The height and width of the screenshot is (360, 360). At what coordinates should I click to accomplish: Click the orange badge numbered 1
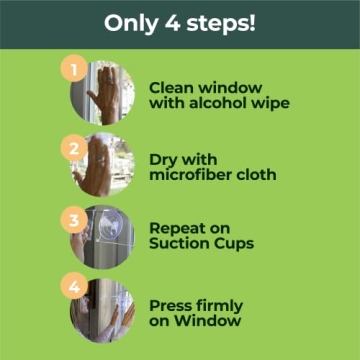[74, 69]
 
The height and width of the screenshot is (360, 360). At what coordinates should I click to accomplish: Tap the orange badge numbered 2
[74, 148]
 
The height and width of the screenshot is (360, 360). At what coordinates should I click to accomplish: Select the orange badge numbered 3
[74, 220]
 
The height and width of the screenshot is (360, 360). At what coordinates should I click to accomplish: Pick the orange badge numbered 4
[74, 286]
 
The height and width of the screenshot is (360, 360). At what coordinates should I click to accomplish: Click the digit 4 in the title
[171, 23]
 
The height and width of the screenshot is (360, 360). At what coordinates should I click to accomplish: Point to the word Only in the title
[131, 24]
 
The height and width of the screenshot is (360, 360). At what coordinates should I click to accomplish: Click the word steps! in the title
[221, 24]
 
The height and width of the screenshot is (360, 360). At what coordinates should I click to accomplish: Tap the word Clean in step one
[171, 88]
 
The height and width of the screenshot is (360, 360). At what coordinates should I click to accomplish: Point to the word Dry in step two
[162, 160]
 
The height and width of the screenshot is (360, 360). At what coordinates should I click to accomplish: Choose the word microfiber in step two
[191, 175]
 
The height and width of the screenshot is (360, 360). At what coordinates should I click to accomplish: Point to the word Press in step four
[170, 306]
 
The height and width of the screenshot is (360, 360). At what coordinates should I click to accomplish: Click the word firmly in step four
[219, 306]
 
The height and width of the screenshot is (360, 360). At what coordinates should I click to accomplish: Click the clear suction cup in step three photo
[111, 224]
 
